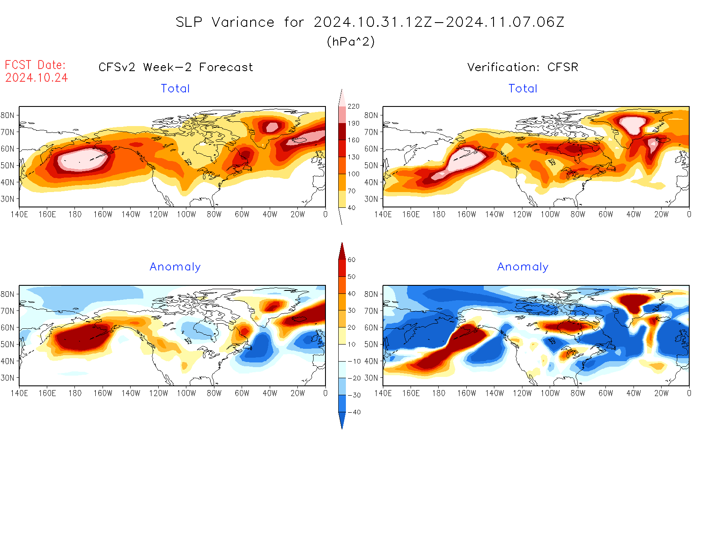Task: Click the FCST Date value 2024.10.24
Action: pyautogui.click(x=37, y=78)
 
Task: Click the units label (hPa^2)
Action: pyautogui.click(x=351, y=42)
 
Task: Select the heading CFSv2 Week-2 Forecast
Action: pyautogui.click(x=176, y=67)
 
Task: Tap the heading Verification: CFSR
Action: pyautogui.click(x=522, y=67)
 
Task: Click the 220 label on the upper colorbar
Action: pyautogui.click(x=353, y=106)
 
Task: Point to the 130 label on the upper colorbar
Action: pyautogui.click(x=353, y=157)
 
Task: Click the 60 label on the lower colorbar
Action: pyautogui.click(x=351, y=260)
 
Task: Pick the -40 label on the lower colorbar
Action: pyautogui.click(x=354, y=412)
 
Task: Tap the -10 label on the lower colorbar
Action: pyautogui.click(x=354, y=361)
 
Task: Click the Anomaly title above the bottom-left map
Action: pyautogui.click(x=175, y=267)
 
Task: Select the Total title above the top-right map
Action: pyautogui.click(x=523, y=89)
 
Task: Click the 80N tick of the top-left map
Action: pyautogui.click(x=8, y=115)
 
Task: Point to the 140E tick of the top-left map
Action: pyautogui.click(x=19, y=215)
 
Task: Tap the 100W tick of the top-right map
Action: pyautogui.click(x=550, y=215)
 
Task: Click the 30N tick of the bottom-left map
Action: pyautogui.click(x=8, y=378)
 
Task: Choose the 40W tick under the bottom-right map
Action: pyautogui.click(x=634, y=394)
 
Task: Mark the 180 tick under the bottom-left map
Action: pyautogui.click(x=75, y=394)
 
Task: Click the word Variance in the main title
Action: pyautogui.click(x=243, y=22)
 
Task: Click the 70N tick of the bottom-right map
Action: pyautogui.click(x=371, y=311)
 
